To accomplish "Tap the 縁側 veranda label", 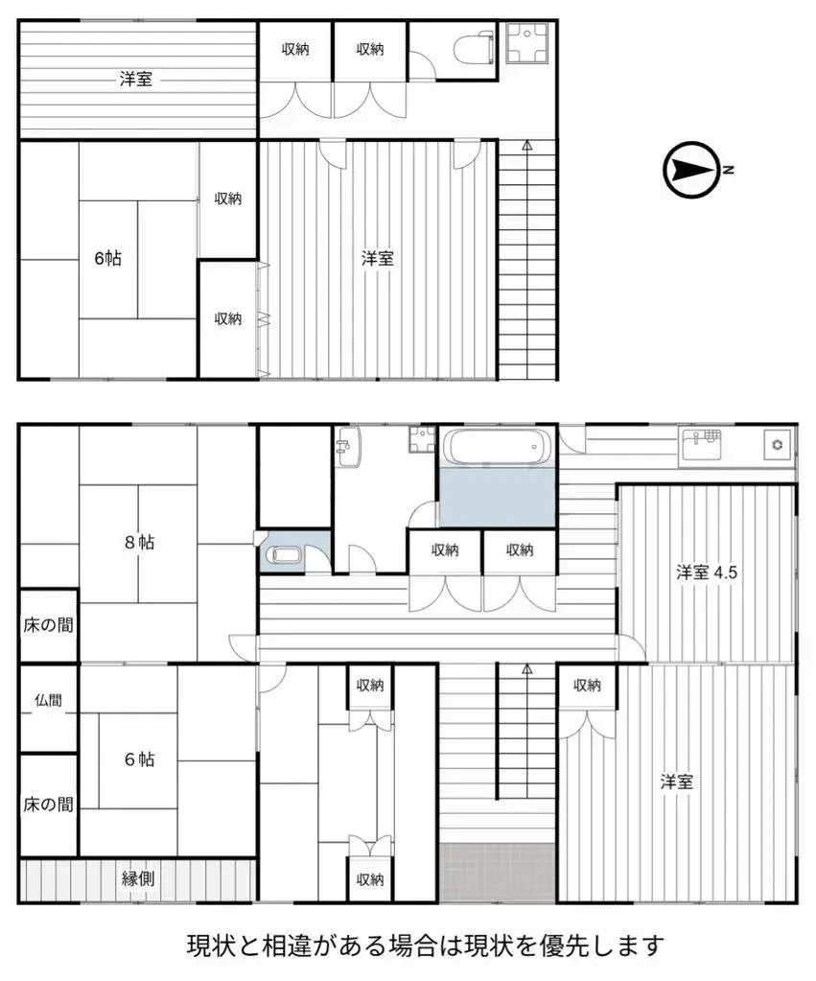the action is tap(138, 878).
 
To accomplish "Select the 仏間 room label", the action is tap(48, 701).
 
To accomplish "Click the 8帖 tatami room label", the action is tap(139, 542).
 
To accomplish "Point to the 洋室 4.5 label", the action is tap(707, 572).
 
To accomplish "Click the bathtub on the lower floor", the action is tap(498, 447).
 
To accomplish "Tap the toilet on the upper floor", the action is tap(475, 49).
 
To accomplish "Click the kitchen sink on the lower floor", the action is tap(702, 446).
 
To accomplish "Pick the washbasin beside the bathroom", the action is tap(347, 447).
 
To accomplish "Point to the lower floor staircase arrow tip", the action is tap(527, 666).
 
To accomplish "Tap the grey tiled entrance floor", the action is tap(498, 873).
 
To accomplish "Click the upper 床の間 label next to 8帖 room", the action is tap(48, 625).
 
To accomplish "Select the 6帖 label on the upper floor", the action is tap(107, 258).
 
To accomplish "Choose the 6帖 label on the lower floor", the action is tap(139, 759).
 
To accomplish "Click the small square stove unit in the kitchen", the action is tap(778, 446).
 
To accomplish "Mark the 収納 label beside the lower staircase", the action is tap(587, 686).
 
